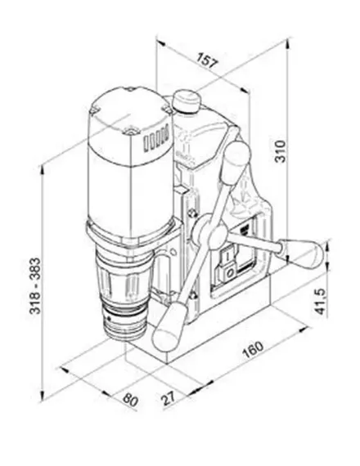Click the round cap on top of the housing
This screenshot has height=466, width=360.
(187, 101)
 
